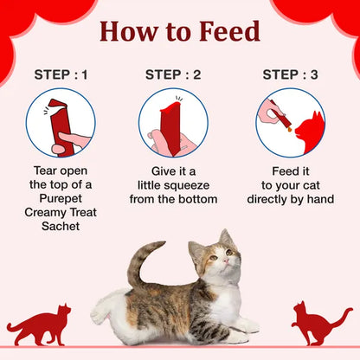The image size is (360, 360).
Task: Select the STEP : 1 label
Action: click(61, 74)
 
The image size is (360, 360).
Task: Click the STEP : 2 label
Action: click(173, 74)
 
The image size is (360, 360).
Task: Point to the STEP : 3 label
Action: click(290, 74)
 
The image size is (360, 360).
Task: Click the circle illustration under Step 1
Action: click(61, 122)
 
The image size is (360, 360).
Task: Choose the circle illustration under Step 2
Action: click(173, 122)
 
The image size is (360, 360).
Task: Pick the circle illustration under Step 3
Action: click(290, 122)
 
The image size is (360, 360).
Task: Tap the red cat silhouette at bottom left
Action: click(39, 325)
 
